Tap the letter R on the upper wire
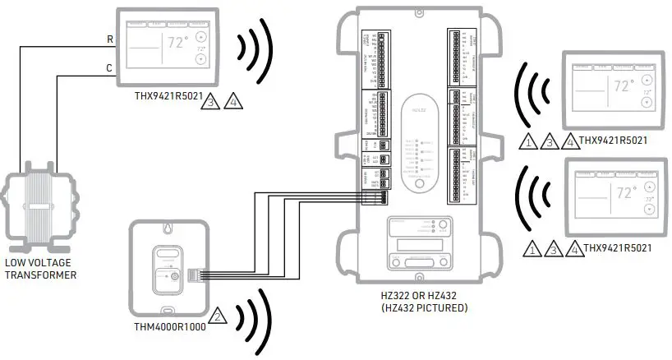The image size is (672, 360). pos(110,39)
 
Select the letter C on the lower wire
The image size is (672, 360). pos(110,69)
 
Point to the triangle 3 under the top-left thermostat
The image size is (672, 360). pos(214,103)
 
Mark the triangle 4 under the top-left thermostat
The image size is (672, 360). pos(232,103)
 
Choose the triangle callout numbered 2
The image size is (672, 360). pos(218,315)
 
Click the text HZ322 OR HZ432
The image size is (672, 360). pos(417,296)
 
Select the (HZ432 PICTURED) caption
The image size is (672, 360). pos(417,308)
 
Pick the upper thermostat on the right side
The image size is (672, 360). pos(612,85)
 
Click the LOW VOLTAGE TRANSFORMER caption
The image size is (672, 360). pos(39,269)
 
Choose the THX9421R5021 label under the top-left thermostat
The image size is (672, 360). pos(169,96)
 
